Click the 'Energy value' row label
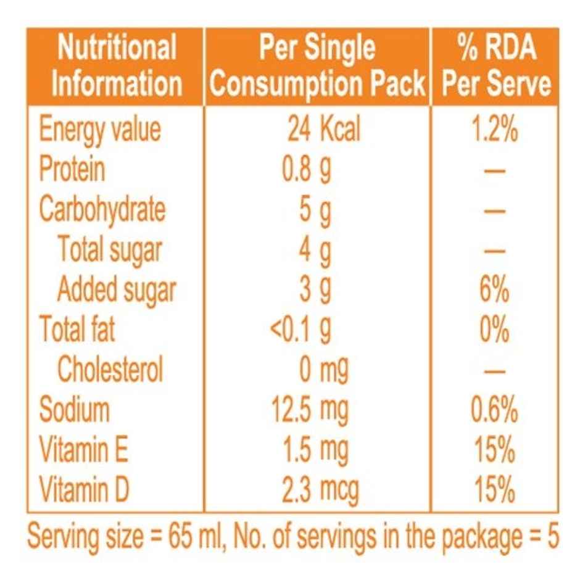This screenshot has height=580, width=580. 99,129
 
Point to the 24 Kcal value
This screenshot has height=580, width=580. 323,129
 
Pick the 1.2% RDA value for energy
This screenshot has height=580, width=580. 495,130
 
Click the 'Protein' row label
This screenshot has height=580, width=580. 72,168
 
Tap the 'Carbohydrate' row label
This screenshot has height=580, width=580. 102,209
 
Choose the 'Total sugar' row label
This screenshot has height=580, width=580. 110,249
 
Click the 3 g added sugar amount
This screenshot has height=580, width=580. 315,290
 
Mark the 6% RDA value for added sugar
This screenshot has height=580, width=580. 495,290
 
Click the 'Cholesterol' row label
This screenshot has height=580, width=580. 110,370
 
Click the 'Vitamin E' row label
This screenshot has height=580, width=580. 84,450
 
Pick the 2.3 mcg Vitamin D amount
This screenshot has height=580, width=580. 320,491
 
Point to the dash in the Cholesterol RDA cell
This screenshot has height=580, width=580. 495,372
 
